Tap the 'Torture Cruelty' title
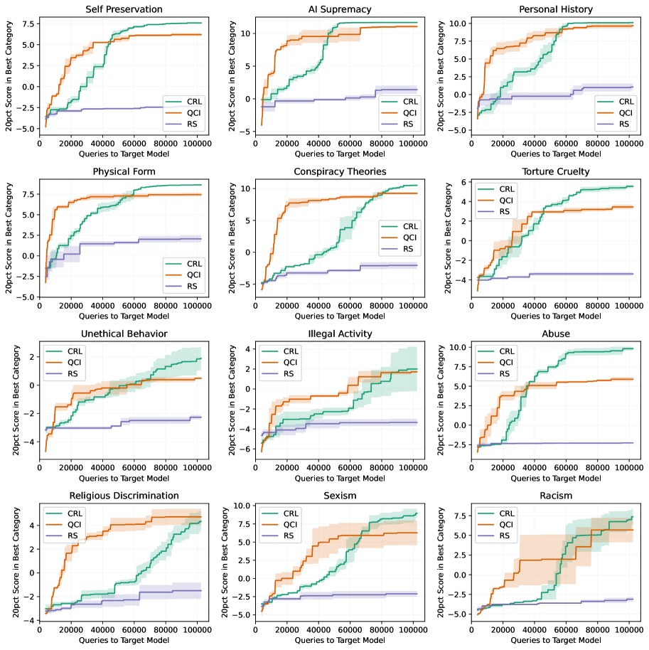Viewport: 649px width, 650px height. point(555,171)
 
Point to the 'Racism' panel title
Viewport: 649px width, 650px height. point(555,495)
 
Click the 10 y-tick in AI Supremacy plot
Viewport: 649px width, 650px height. point(245,33)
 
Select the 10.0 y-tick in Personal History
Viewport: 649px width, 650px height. point(458,23)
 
